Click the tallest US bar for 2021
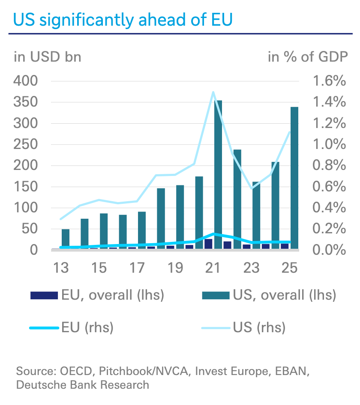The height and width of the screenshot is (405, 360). pos(218,175)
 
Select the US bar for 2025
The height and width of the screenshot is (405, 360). pos(294,178)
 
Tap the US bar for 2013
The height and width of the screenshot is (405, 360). pos(66,239)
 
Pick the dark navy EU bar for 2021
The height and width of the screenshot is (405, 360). pos(208,244)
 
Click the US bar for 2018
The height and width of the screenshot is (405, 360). pos(161,218)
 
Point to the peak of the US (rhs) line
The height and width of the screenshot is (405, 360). pos(213,92)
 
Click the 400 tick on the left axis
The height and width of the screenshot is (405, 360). pos(26,81)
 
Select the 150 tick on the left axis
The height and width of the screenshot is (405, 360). pos(26,187)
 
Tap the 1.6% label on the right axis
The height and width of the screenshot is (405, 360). pos(329,81)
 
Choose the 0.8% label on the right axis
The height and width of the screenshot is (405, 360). pos(329,165)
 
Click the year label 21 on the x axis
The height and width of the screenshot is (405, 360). pos(213,268)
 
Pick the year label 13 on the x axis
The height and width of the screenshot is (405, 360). pos(61,268)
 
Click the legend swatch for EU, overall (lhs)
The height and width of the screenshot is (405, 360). pos(44,295)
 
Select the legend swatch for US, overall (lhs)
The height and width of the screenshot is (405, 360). pos(216,295)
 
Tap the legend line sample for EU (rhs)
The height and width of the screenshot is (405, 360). pos(44,328)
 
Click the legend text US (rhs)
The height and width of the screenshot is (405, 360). pos(259,328)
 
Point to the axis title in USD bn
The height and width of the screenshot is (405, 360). pos(47,57)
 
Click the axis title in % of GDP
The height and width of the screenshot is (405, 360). pos(308,57)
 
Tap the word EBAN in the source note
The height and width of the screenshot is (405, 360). pos(292,371)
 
